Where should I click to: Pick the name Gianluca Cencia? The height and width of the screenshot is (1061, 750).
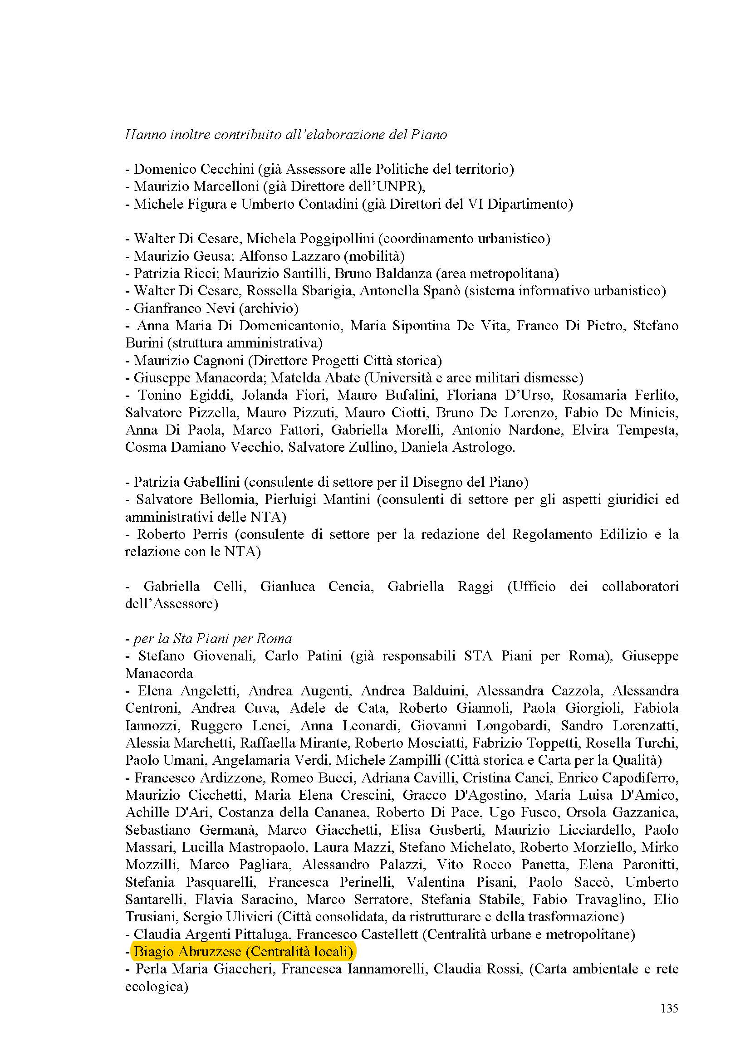tap(317, 587)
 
